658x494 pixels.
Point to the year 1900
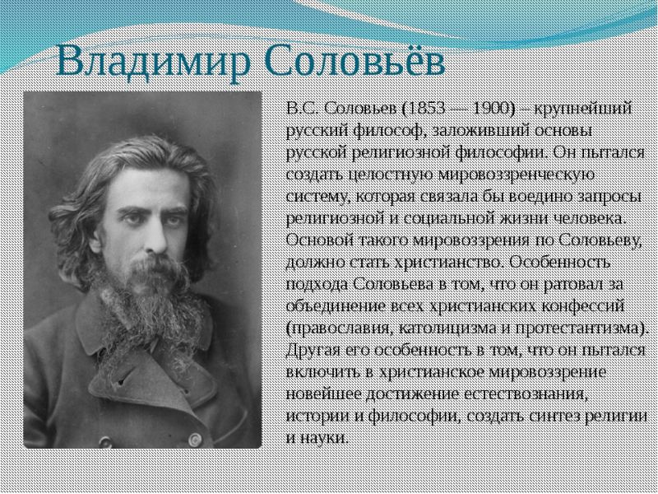click(492, 109)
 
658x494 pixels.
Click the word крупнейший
click(583, 110)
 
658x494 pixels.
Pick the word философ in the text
click(385, 132)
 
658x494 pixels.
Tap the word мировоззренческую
click(517, 175)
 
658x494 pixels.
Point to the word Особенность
click(559, 263)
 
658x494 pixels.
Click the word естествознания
click(524, 394)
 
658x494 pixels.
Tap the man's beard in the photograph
click(155, 302)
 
